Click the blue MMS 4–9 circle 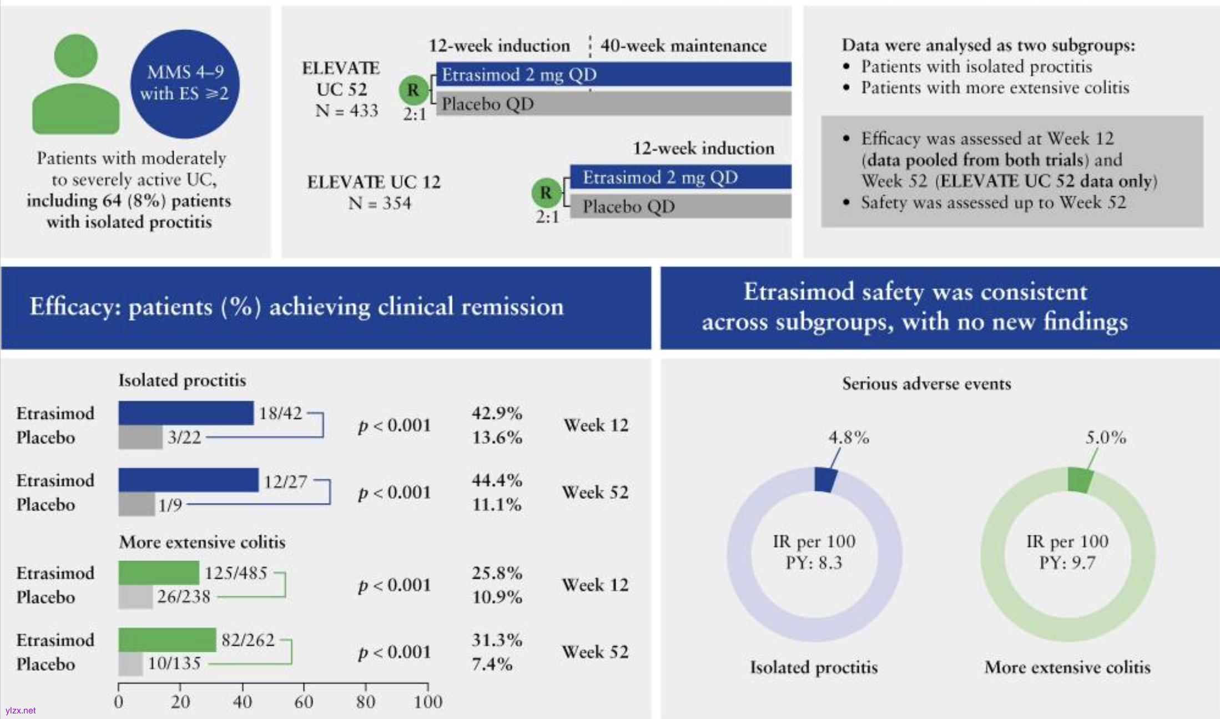point(185,84)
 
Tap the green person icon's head point(76,55)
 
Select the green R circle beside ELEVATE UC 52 point(413,90)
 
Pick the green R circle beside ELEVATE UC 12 point(546,193)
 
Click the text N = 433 point(347,111)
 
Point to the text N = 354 point(380,204)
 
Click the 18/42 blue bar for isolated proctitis point(186,413)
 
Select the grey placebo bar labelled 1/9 point(137,505)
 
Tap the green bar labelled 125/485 point(159,573)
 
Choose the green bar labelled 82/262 point(167,640)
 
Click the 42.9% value point(497,413)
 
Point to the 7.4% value point(492,664)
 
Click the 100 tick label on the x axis point(428,702)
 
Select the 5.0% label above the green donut point(1106,438)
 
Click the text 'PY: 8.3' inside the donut point(814,563)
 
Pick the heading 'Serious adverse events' point(926,383)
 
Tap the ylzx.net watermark point(21,711)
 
